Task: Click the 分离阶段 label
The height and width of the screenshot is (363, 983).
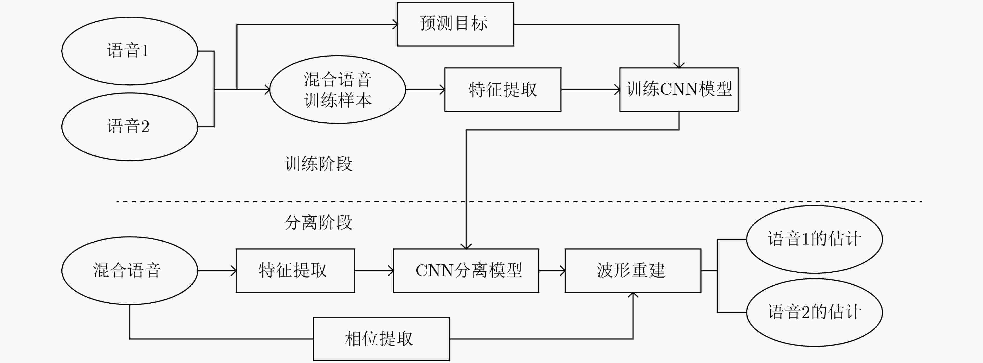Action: [319, 222]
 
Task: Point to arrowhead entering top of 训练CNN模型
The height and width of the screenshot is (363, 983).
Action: [679, 66]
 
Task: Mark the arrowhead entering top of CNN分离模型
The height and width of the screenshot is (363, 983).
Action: [466, 247]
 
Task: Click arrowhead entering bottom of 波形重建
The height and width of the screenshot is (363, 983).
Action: [633, 295]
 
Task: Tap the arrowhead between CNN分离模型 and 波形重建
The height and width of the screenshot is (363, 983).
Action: [563, 271]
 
